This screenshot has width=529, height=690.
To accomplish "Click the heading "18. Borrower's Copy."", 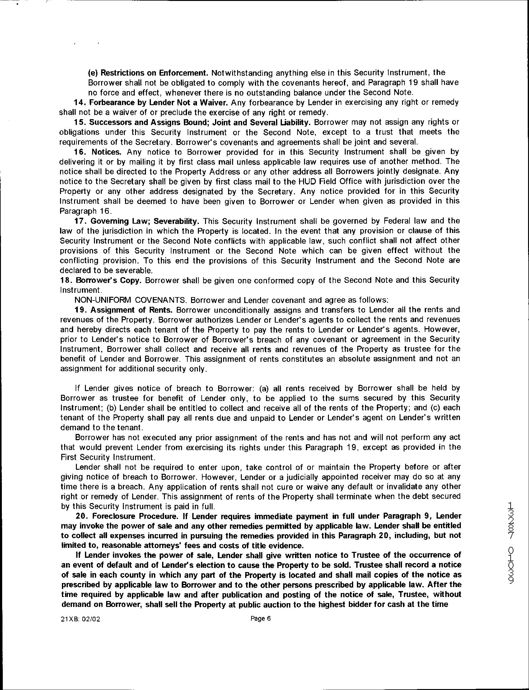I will (100, 280).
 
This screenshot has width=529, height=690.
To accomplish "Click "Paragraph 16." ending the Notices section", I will (81, 211).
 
